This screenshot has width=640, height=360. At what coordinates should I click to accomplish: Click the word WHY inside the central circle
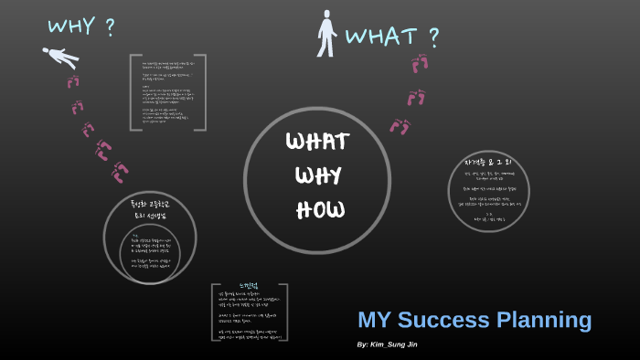click(318, 175)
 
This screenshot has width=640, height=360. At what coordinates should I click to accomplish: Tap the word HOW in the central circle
click(320, 209)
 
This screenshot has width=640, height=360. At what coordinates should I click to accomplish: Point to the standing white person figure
click(326, 34)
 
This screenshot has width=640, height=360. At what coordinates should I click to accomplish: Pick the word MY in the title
click(374, 320)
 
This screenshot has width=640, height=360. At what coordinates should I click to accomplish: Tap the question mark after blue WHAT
click(433, 37)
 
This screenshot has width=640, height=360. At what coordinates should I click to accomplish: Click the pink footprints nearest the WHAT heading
click(421, 64)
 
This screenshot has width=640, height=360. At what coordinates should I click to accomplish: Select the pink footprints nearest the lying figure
click(74, 82)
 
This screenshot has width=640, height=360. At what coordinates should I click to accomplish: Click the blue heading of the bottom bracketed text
click(250, 286)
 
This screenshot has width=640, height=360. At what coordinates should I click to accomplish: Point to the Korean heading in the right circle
click(490, 163)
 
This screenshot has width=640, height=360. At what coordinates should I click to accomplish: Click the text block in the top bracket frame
click(168, 92)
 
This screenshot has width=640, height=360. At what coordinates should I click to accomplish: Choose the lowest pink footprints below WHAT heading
click(400, 125)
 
